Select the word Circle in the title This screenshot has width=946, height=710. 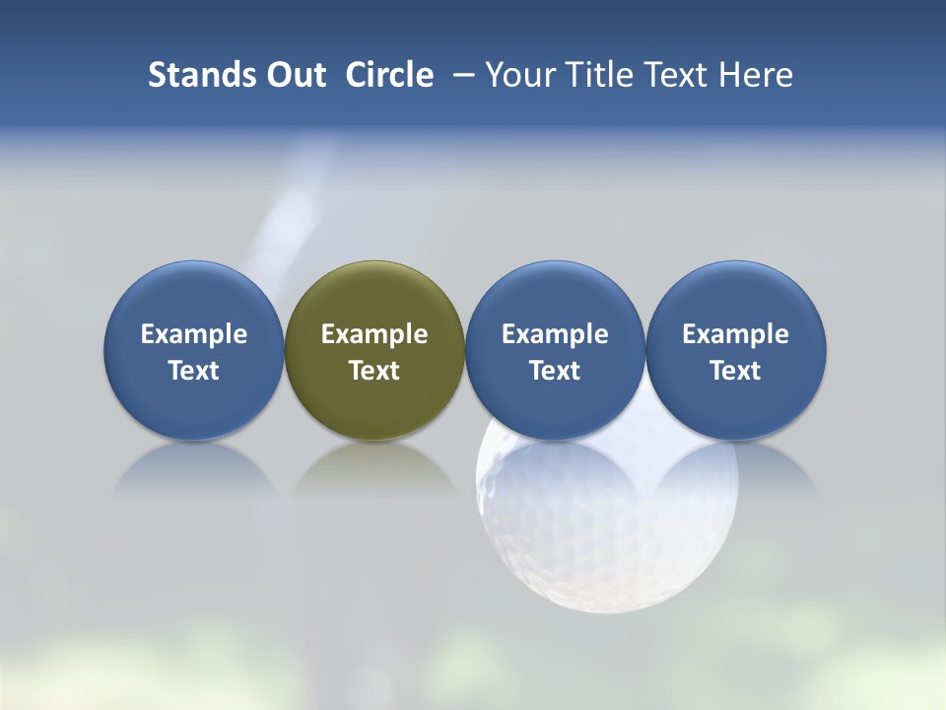(389, 75)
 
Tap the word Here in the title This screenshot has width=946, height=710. (755, 75)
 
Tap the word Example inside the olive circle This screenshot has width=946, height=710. (374, 334)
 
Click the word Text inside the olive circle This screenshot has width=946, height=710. (374, 371)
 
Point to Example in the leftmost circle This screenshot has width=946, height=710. (194, 334)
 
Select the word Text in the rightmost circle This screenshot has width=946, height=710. (736, 371)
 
